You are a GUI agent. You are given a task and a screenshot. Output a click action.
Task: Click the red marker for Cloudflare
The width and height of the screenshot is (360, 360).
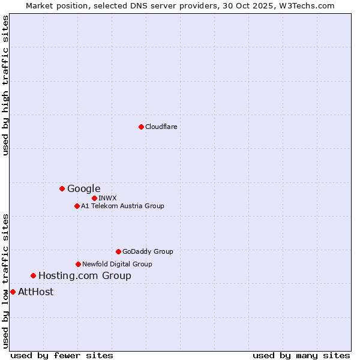click(x=141, y=127)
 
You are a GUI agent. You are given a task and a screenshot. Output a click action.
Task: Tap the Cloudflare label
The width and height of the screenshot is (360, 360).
click(x=161, y=127)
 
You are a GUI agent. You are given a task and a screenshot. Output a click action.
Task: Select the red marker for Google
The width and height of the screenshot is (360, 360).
click(x=62, y=188)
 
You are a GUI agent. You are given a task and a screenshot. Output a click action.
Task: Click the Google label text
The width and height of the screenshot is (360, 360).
click(x=83, y=188)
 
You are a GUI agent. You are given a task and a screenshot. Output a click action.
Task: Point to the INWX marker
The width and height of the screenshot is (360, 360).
click(x=94, y=198)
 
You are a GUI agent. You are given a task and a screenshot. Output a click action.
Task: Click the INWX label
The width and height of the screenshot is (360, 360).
click(x=107, y=198)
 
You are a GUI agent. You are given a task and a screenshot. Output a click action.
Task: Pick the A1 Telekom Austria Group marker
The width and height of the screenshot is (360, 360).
click(x=77, y=206)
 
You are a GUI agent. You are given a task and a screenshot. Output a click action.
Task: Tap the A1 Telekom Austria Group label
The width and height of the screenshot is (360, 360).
click(x=122, y=206)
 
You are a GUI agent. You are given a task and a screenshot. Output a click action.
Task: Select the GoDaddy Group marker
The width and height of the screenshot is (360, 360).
click(x=118, y=251)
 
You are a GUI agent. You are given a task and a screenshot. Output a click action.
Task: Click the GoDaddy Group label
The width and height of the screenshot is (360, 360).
click(x=147, y=251)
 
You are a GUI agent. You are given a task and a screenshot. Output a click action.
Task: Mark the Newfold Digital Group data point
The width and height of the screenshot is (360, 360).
click(x=78, y=264)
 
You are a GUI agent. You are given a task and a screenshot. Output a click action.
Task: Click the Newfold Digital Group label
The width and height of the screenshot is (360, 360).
click(x=117, y=264)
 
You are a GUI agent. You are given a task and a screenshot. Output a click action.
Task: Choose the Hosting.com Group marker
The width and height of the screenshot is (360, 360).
click(x=33, y=275)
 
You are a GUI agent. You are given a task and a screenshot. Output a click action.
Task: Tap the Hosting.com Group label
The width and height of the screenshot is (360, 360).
click(x=85, y=276)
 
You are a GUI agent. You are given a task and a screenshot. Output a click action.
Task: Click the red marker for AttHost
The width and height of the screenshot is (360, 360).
click(x=13, y=292)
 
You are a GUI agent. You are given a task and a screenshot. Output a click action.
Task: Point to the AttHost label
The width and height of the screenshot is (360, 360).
click(x=35, y=292)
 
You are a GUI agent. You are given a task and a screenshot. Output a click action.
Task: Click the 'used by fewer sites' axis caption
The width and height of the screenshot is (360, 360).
click(x=62, y=355)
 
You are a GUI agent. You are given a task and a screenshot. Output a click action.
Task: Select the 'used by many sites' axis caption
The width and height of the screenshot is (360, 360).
click(x=301, y=355)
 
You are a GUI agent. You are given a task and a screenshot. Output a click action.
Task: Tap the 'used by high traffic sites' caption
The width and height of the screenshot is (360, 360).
click(x=5, y=85)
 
